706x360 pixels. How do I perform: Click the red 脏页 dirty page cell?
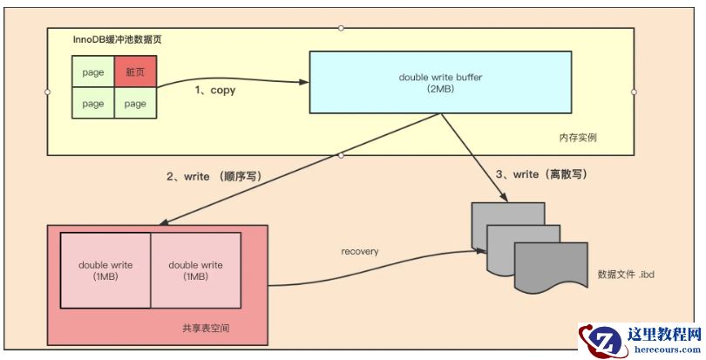tap(135, 72)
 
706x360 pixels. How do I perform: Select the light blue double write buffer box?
tap(441, 83)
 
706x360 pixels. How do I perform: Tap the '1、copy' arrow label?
tap(215, 90)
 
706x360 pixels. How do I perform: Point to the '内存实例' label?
tap(578, 138)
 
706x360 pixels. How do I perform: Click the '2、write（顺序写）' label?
tap(214, 176)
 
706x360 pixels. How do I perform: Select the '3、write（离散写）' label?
tap(540, 174)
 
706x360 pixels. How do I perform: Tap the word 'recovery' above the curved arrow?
tap(359, 250)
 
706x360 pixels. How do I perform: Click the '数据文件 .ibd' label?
tap(625, 274)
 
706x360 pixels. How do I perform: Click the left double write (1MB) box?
tap(105, 270)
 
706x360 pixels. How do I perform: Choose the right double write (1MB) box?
tap(195, 270)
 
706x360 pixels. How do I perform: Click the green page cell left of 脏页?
tap(93, 72)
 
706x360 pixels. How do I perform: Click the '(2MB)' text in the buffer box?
tap(441, 90)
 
